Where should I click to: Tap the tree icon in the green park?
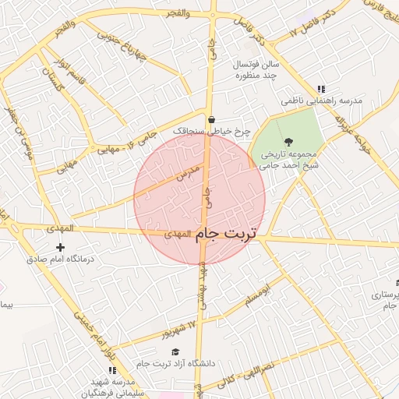click(289, 142)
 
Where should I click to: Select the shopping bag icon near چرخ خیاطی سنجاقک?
click(211, 119)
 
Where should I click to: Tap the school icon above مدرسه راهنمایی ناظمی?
click(321, 89)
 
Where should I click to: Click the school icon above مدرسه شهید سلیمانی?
click(112, 370)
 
